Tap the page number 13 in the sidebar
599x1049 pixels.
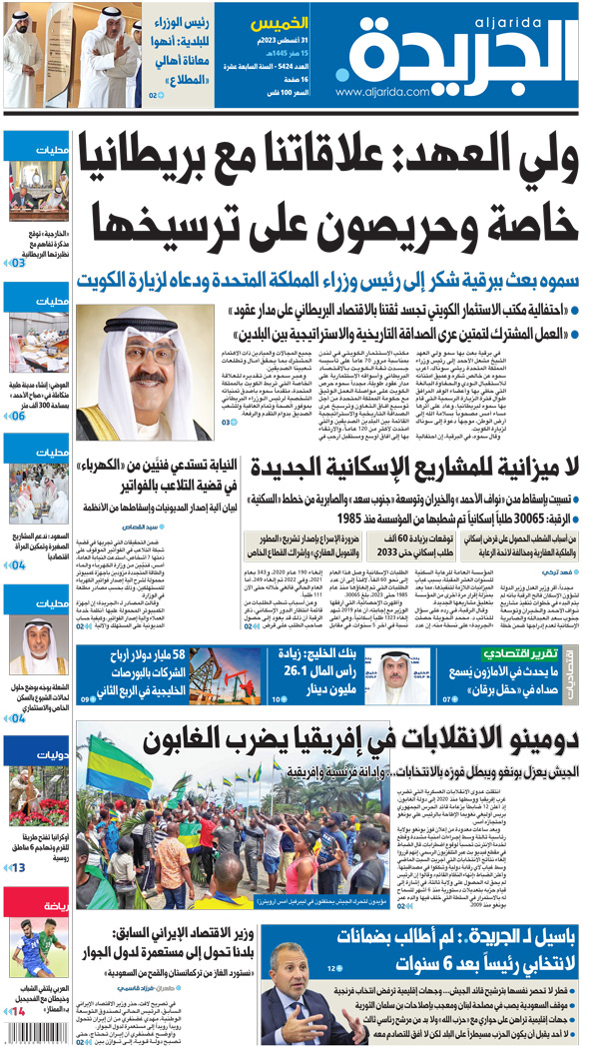pos(18,867)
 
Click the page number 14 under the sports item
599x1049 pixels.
pos(17,1011)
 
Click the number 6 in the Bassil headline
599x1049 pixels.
pos(415,966)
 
